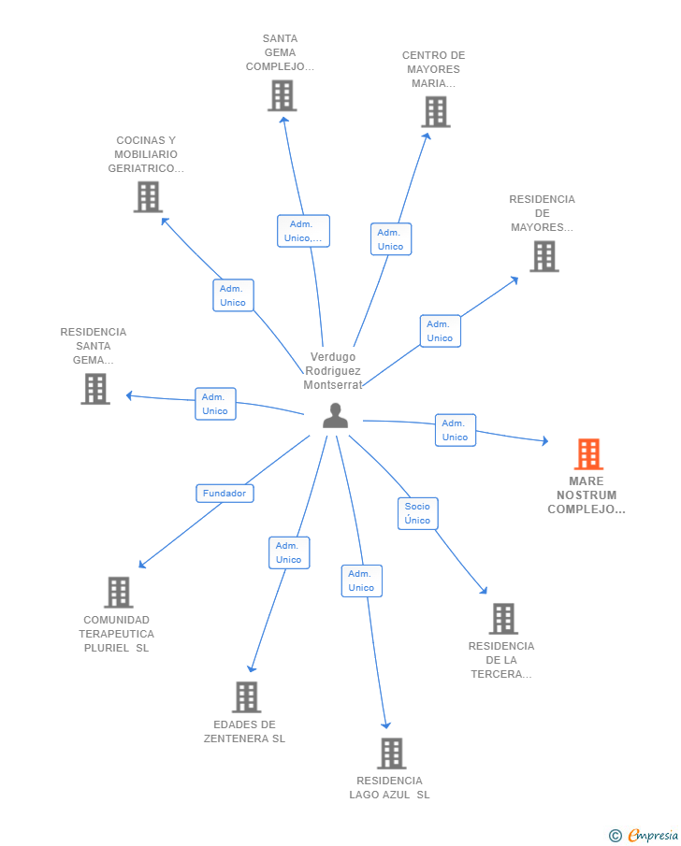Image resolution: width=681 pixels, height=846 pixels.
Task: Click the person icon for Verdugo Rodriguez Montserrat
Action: coord(335,416)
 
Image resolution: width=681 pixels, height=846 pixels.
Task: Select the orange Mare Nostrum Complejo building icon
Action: coord(588,454)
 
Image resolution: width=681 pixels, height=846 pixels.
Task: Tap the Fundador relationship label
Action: coord(225,493)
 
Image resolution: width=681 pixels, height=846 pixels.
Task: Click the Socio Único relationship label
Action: coord(417,513)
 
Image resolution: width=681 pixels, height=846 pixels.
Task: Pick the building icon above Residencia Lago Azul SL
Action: coord(391,753)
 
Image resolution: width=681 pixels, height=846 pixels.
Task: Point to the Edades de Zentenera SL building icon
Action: coord(246,697)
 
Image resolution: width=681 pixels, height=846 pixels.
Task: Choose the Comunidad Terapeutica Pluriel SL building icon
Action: coord(118,593)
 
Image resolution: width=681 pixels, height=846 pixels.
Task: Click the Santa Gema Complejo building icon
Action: coord(282,95)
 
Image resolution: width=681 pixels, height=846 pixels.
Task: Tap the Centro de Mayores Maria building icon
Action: coord(435,112)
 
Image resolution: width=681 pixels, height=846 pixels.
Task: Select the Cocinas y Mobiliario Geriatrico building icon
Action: coord(148,197)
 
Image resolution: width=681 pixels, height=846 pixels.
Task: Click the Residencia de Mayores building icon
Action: coord(543,256)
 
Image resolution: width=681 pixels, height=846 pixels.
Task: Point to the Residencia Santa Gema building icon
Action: coord(95,389)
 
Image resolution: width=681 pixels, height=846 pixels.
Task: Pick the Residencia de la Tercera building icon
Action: coord(503,619)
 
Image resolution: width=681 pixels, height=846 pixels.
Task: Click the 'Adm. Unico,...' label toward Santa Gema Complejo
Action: coord(303,231)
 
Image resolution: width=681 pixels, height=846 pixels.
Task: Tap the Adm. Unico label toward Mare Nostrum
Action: coord(456,430)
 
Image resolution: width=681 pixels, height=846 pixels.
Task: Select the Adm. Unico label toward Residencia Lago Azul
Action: coord(361,581)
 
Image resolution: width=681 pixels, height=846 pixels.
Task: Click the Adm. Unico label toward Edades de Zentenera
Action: coord(289,552)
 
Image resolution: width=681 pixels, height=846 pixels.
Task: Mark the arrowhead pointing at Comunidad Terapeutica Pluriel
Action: coord(142,564)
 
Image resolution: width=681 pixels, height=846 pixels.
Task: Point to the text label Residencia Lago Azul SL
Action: coord(390,788)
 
